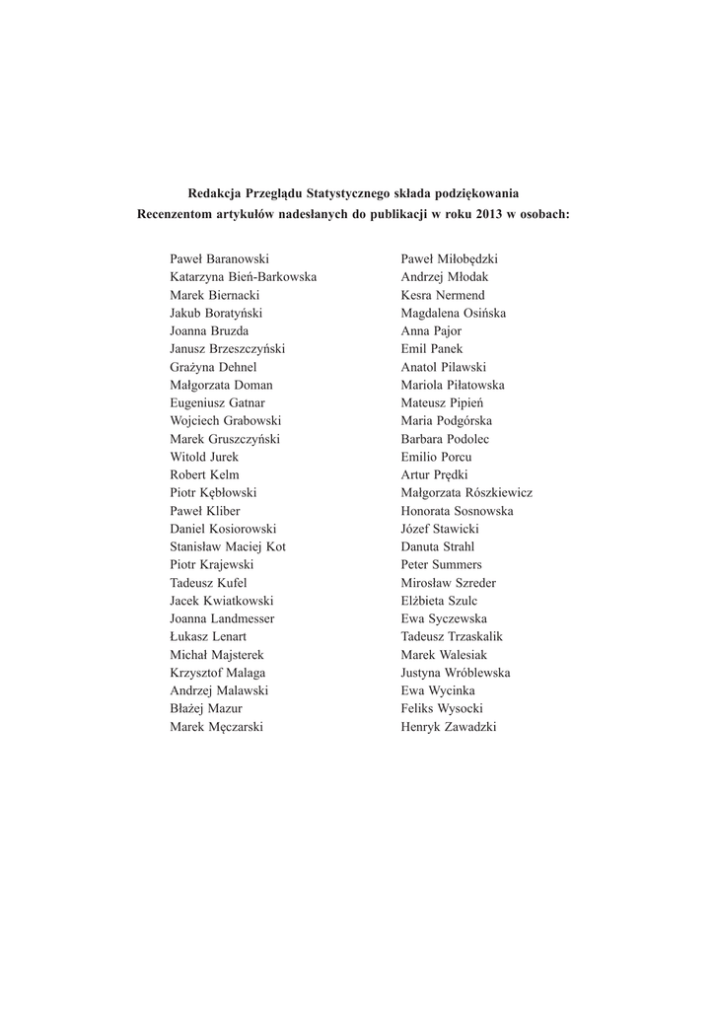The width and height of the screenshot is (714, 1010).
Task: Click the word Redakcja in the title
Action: (x=214, y=193)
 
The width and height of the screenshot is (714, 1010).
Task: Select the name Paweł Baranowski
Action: (x=219, y=258)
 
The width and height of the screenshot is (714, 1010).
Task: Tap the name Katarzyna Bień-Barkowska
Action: (x=244, y=277)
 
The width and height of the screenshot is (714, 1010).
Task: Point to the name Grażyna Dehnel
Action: (x=213, y=367)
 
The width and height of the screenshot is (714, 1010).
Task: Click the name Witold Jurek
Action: (x=204, y=457)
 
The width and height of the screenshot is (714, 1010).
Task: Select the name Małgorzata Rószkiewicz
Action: (x=466, y=492)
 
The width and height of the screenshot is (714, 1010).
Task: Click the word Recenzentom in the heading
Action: (x=177, y=213)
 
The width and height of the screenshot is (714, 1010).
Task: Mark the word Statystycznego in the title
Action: (x=350, y=193)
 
